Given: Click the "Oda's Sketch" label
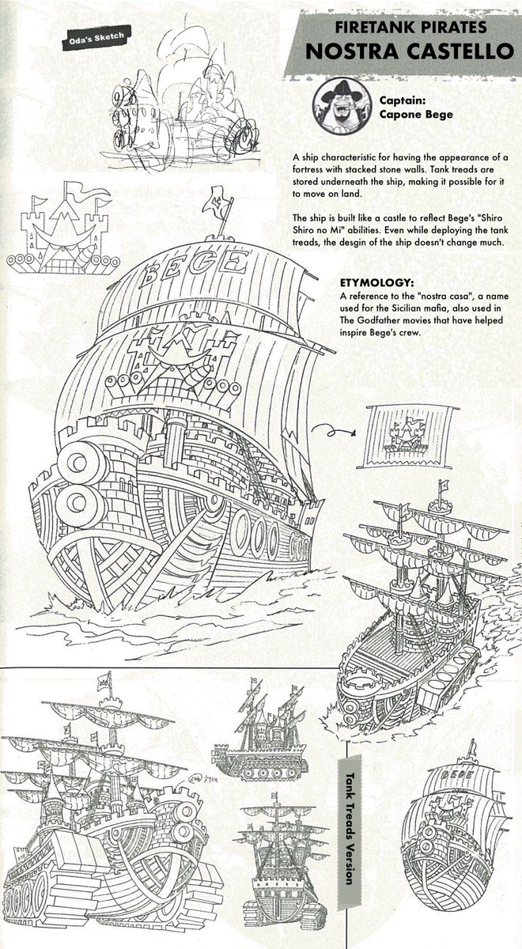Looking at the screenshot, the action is point(92,36).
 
